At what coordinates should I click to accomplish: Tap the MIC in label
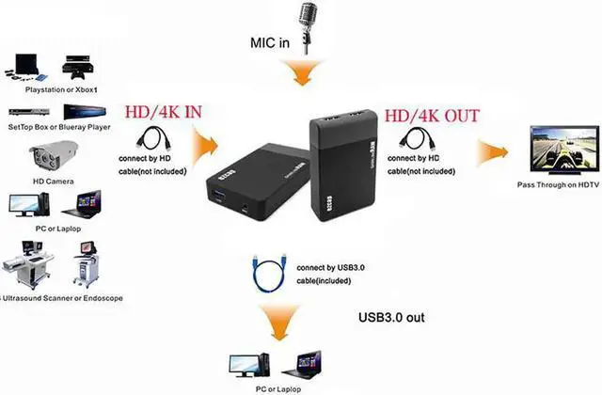[275, 42]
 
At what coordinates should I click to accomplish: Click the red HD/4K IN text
[163, 113]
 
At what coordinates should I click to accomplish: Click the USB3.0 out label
[392, 317]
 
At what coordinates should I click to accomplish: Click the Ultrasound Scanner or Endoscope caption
[62, 297]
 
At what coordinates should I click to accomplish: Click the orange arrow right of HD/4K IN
[208, 149]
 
